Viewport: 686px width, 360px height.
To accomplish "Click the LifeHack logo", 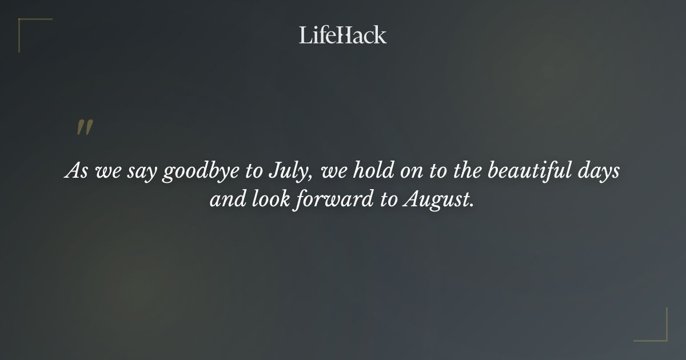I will tap(343, 35).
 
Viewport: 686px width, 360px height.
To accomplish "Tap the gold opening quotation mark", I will tap(85, 128).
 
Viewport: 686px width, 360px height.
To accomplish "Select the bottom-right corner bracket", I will tap(657, 331).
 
